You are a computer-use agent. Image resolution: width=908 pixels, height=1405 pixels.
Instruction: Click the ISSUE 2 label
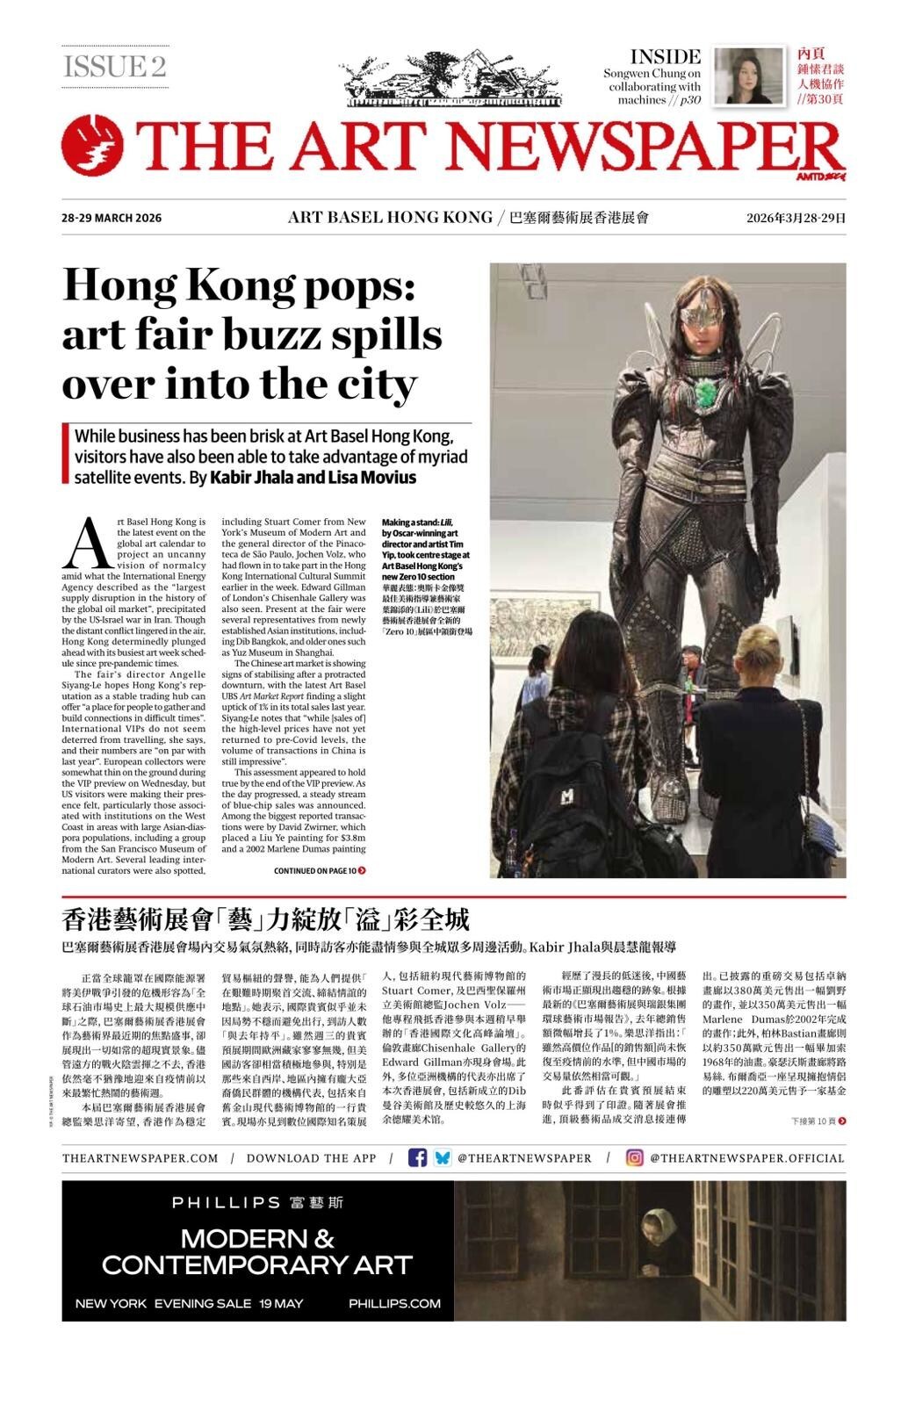[x=114, y=67]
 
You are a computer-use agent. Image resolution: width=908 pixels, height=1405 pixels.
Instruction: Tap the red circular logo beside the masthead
[x=91, y=146]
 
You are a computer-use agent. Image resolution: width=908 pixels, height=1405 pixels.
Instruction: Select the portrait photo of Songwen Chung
[x=749, y=76]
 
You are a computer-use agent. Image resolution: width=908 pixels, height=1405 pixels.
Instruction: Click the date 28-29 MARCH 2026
[x=112, y=218]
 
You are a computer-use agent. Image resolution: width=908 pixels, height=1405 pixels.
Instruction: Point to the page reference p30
[x=689, y=100]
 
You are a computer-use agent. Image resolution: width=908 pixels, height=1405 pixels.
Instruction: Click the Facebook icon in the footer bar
[x=417, y=1157]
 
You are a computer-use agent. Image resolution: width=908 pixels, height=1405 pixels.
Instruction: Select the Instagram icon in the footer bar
[x=634, y=1157]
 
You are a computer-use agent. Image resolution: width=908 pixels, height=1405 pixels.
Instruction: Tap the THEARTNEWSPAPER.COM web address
[x=140, y=1158]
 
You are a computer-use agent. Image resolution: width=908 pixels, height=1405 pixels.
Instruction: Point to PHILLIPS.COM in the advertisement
[x=394, y=1303]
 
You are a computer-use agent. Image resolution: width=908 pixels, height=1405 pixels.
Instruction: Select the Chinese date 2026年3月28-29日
[x=796, y=218]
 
